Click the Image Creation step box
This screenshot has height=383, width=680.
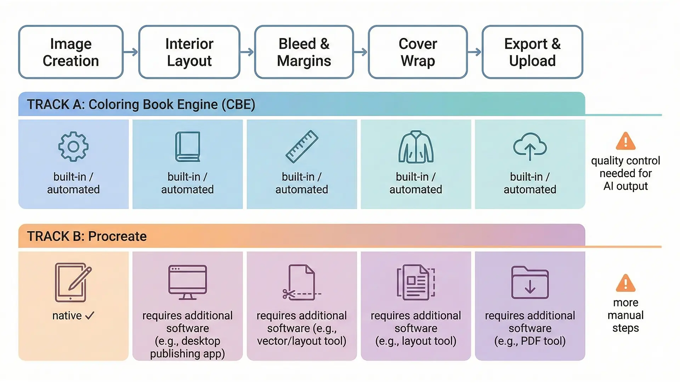point(71,52)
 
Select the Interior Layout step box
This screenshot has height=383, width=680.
point(189,52)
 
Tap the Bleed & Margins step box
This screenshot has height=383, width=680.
point(304,52)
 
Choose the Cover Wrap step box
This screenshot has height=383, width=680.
point(418,52)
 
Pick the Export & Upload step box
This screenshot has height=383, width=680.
point(532,52)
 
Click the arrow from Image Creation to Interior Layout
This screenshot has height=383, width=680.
point(131,52)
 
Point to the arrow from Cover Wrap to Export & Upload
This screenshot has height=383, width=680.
point(475,52)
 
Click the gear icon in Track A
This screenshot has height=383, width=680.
point(73,147)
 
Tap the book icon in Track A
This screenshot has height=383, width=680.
point(188,147)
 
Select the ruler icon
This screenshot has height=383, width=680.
point(302,147)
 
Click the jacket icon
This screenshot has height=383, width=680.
point(416,147)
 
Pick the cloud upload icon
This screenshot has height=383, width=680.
point(530,147)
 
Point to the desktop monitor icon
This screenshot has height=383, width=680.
point(187,282)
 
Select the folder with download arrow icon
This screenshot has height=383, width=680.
point(530,283)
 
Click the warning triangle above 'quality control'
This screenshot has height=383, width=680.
point(625,141)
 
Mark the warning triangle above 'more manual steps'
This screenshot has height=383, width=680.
point(625,283)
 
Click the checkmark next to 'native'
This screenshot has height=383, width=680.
point(90,315)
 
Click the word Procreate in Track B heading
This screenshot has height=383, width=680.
point(117,236)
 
